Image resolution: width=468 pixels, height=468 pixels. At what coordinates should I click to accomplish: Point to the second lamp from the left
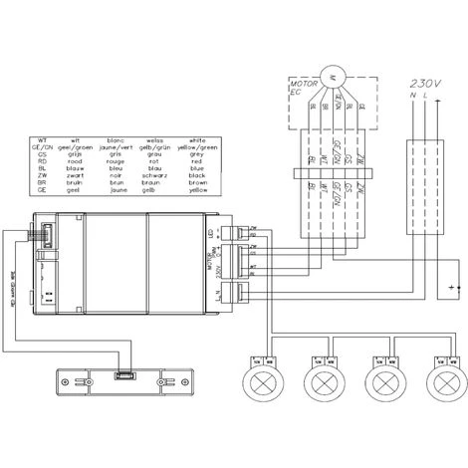click(325, 382)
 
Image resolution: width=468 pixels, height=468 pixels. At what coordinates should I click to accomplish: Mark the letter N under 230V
click(412, 96)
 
